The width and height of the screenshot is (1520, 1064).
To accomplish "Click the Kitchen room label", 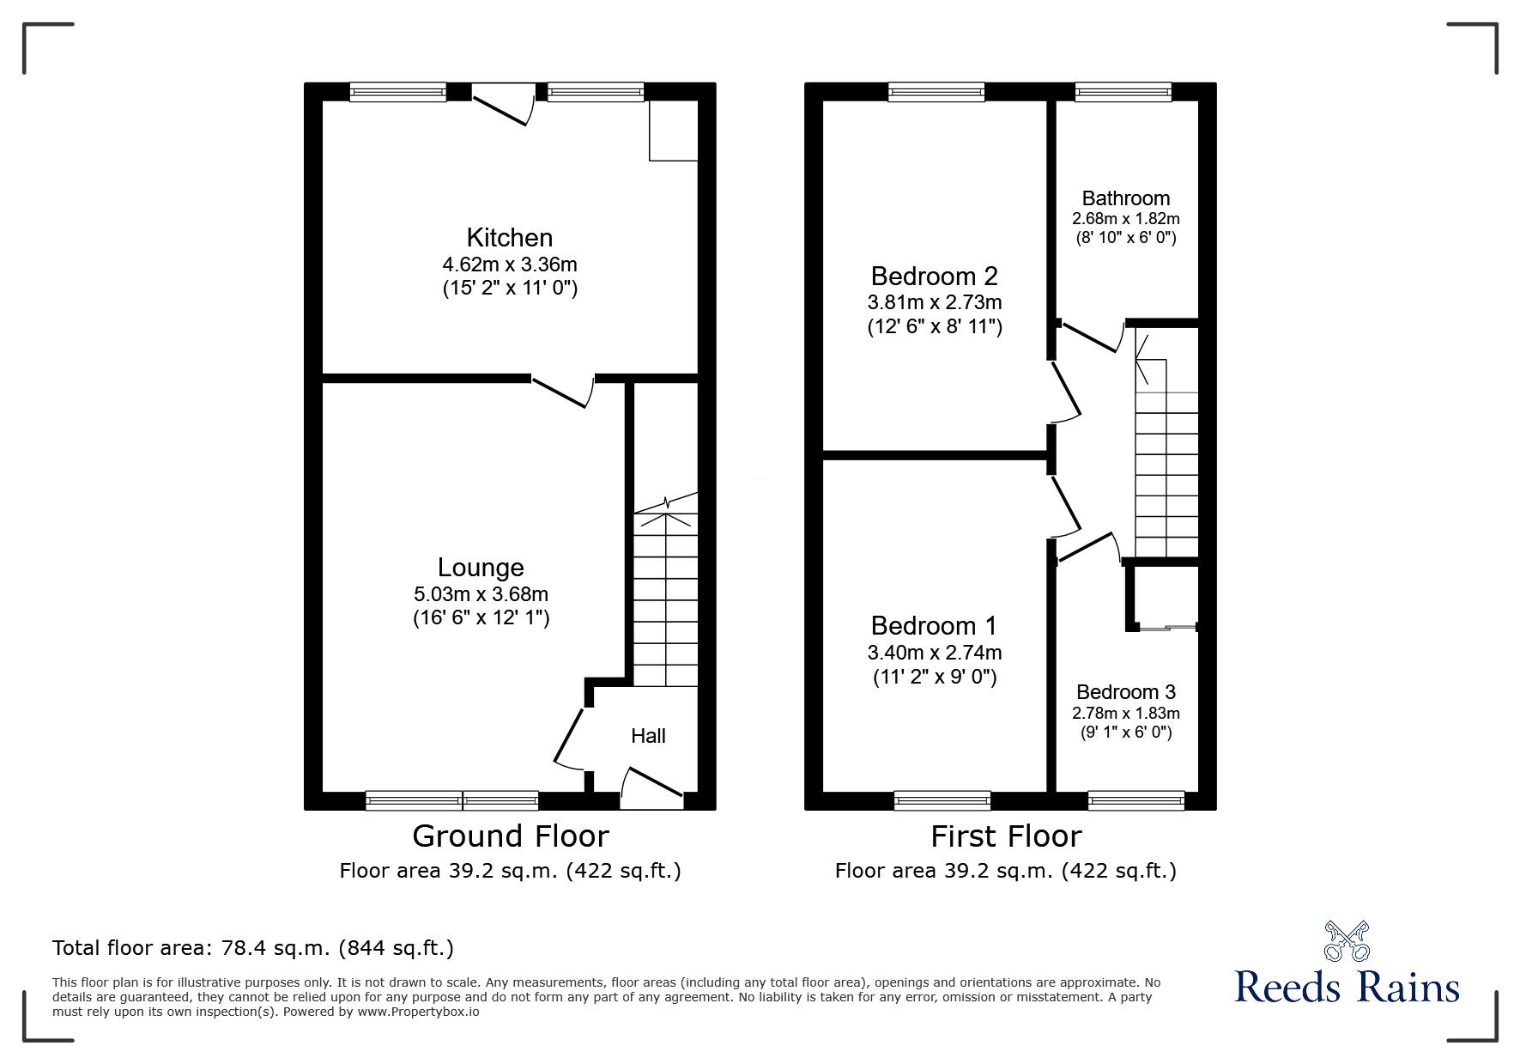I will (509, 238).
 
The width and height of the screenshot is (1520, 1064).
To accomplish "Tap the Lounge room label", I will (481, 568).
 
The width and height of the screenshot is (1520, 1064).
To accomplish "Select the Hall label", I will (648, 736).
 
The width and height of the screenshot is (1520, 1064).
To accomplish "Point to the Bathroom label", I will (1125, 198).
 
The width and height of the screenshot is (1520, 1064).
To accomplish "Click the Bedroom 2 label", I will (934, 277).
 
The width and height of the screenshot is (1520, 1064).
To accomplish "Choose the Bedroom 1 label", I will (934, 626).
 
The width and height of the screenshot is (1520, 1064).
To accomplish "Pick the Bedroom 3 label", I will (1125, 692).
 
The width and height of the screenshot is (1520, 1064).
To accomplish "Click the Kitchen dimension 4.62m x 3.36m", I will (510, 264).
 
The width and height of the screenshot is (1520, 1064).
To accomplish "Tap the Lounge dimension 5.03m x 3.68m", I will (481, 594).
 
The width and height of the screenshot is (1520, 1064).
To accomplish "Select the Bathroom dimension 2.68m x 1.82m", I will (1125, 219).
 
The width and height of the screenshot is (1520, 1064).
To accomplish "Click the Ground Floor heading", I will (510, 836).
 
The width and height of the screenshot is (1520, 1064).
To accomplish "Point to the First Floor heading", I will (1006, 836).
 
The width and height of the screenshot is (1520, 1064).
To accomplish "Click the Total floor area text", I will (253, 948).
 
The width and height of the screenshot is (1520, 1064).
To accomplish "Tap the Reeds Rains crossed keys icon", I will (1347, 941).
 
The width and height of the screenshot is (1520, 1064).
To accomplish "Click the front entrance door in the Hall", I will (651, 785).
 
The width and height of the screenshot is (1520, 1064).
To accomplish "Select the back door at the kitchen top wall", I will (502, 106).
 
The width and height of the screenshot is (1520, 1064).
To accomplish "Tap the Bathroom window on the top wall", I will (1123, 92).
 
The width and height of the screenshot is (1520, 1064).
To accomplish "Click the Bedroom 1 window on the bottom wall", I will (942, 800).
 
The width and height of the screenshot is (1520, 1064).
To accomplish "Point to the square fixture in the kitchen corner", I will (673, 131).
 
